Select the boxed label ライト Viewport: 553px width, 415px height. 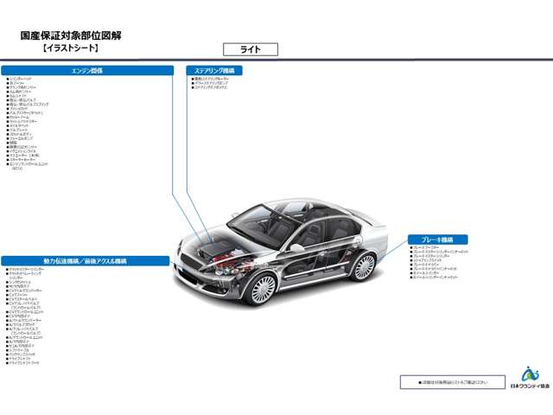tap(250, 49)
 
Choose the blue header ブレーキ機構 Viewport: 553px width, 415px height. tap(438, 239)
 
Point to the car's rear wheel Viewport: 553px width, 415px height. tap(364, 266)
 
